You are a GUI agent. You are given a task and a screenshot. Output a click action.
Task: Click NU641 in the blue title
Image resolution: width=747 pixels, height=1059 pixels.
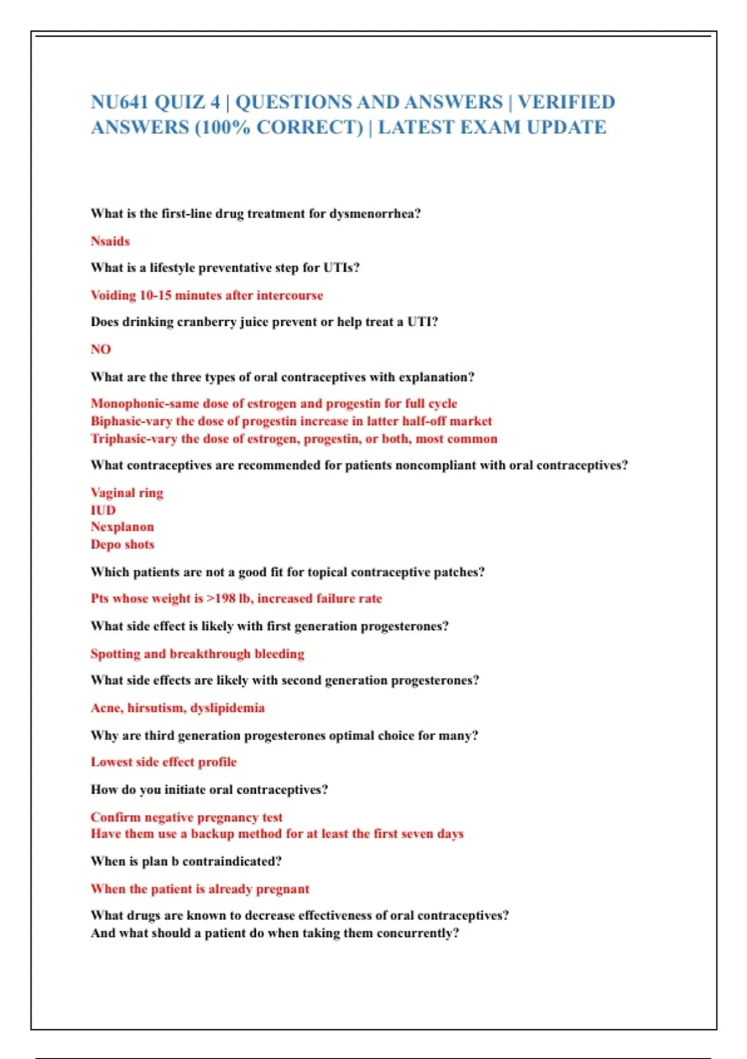click(120, 102)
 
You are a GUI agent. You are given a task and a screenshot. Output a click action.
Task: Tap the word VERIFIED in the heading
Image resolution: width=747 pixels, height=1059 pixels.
click(566, 102)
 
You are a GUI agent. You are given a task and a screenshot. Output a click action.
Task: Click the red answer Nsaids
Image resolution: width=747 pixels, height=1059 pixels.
click(110, 241)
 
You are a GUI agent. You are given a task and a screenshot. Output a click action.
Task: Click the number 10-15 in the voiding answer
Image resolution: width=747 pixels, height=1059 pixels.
click(155, 295)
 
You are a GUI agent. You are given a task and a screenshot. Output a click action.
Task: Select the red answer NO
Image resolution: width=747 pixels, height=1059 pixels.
click(101, 349)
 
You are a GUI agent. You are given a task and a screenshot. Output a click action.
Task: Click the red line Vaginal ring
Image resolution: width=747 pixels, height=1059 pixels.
click(127, 493)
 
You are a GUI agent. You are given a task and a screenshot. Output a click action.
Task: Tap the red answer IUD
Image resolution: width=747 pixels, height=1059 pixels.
click(103, 510)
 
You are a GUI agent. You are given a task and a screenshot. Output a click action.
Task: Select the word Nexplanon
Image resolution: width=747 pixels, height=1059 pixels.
click(122, 527)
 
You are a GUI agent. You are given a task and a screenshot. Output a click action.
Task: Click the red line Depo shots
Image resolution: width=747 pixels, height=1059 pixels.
click(123, 544)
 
